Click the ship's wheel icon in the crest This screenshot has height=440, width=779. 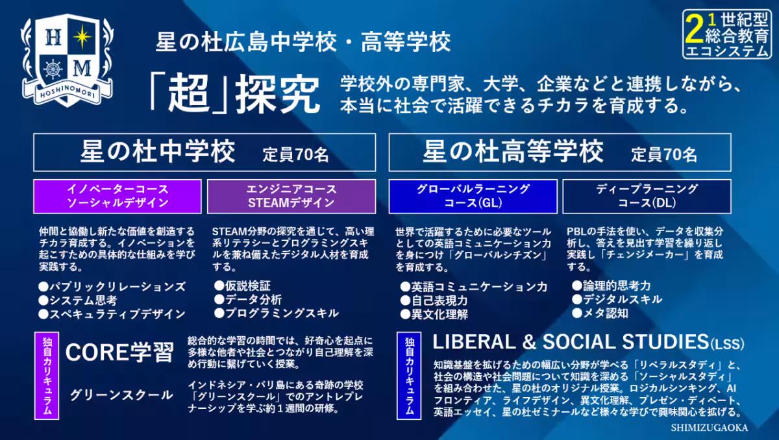[52, 68]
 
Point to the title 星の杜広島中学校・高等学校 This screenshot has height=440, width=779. [303, 43]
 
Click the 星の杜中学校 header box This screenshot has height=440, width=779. [204, 153]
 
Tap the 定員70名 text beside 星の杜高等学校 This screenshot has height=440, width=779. [664, 154]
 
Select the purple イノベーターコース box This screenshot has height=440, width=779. [117, 196]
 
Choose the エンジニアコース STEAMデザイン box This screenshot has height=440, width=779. [291, 196]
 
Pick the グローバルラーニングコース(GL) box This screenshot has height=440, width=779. [473, 196]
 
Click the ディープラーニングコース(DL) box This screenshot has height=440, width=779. [647, 196]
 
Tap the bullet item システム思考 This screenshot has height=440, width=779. [78, 300]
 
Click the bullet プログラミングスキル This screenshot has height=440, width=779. [277, 313]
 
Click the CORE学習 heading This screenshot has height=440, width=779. [119, 352]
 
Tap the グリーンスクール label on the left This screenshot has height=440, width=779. [121, 395]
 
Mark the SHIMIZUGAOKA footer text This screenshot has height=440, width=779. [710, 428]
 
